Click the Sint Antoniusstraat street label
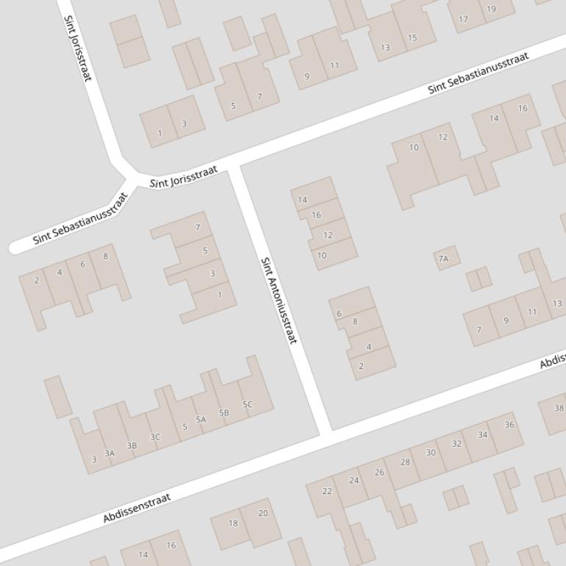pos(280,300)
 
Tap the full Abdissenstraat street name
pos(137,508)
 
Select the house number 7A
pos(443,259)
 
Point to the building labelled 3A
pos(110,454)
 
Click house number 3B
pos(132,445)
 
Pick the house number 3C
pos(155,437)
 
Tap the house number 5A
pos(201,420)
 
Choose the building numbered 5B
pos(224,412)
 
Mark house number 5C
pos(247,404)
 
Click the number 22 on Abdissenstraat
pos(327,491)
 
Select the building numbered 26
pos(379,472)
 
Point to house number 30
pos(431,453)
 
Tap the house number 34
pos(482,434)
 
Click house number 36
pos(509,425)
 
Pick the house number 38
pos(559,409)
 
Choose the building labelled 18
pos(233,523)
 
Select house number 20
pos(263,513)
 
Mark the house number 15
pos(412,37)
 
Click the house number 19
pos(491,10)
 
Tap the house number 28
pos(405,462)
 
